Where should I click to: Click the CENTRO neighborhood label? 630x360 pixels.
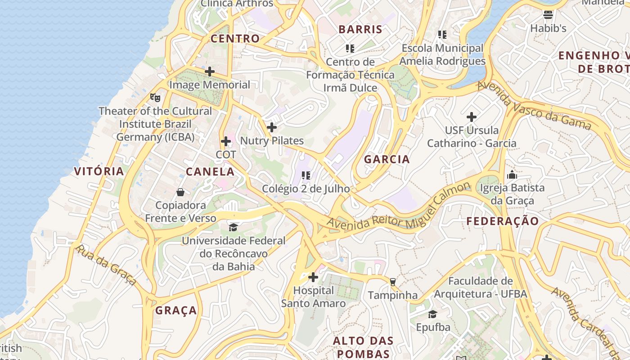235,39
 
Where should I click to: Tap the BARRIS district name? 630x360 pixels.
360,30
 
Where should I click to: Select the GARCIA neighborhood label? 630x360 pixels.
387,159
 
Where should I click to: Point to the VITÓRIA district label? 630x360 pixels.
99,171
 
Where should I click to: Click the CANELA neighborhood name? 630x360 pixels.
210,172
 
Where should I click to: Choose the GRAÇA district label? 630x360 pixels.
176,310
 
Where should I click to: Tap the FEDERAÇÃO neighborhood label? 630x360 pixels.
502,221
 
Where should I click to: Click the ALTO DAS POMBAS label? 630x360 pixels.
363,347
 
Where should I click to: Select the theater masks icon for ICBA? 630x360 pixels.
155,97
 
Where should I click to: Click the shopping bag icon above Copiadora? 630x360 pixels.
180,192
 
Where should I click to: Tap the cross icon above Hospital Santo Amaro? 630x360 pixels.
313,277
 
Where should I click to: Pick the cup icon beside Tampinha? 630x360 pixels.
393,282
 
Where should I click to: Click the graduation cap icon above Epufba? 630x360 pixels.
432,314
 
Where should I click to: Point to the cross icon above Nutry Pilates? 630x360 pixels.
272,127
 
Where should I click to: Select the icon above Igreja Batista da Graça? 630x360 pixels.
512,175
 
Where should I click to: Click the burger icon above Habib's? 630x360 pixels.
548,15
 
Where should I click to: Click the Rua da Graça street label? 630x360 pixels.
106,265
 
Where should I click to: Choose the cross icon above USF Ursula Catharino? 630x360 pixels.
472,117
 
